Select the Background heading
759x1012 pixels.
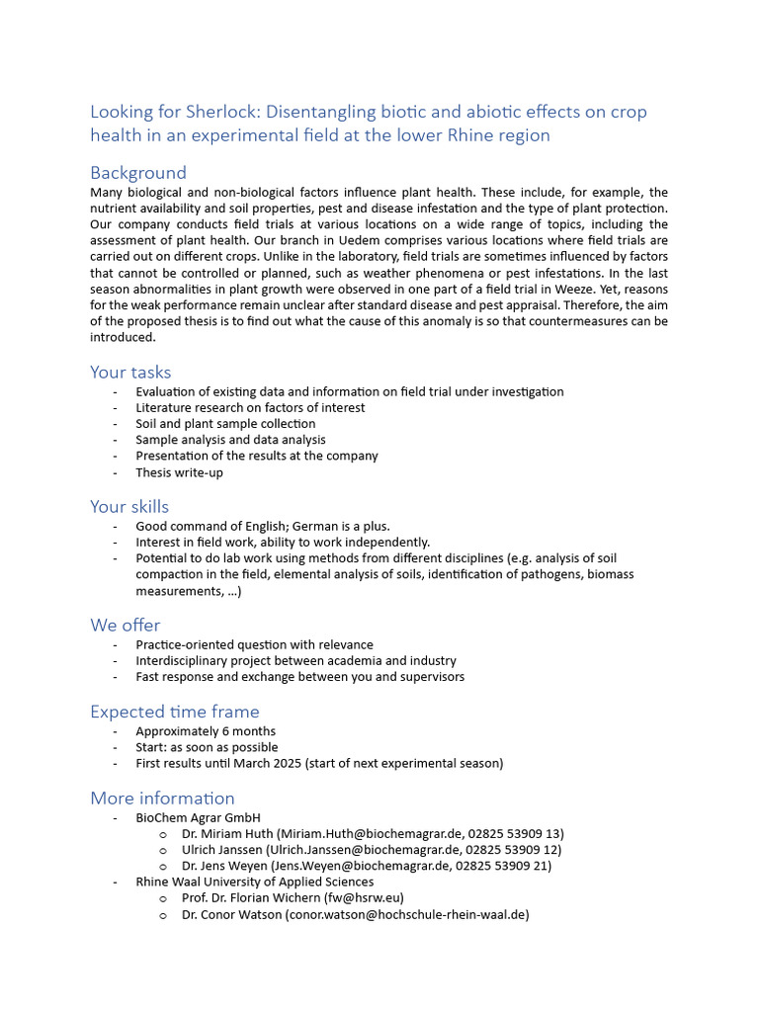138,173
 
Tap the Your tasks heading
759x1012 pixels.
130,373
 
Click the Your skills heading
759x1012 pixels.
129,507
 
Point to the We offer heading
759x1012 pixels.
125,626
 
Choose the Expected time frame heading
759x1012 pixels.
175,712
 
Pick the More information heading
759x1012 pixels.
162,798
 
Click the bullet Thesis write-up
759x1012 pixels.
179,472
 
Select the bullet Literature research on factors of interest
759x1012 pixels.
250,407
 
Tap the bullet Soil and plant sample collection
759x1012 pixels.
225,424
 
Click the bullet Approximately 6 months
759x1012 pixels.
206,731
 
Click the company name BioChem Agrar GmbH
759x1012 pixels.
198,817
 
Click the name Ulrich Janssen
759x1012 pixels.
222,850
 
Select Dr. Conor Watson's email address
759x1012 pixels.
407,915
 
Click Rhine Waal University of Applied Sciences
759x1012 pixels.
255,882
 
